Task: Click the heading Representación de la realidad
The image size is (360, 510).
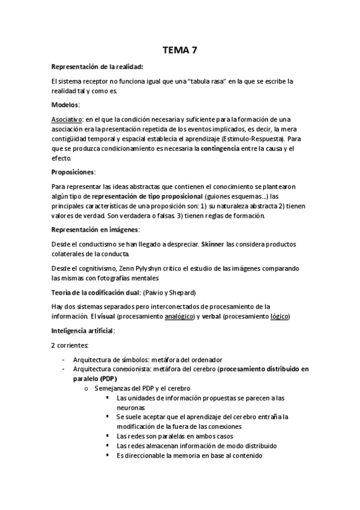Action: pos(97,67)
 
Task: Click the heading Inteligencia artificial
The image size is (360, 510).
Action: pos(84,331)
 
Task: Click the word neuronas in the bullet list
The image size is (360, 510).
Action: pos(132,407)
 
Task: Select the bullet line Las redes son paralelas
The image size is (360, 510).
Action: pos(175,436)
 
